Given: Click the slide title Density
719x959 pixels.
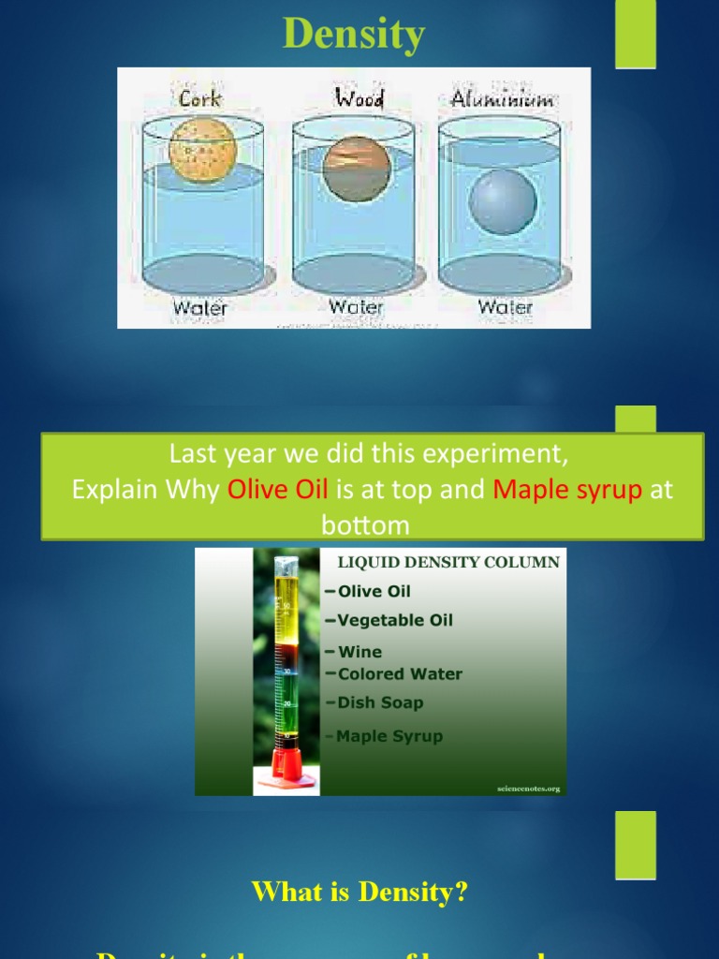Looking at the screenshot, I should (354, 35).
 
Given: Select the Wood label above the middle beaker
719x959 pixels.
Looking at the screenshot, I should (359, 97).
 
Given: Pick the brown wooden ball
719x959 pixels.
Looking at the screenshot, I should (357, 168).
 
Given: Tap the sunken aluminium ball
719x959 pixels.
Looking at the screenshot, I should (502, 202).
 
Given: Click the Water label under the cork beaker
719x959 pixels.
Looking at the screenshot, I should (200, 306).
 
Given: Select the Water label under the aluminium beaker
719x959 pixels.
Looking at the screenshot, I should (506, 306).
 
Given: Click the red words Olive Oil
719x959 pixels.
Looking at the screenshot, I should (277, 490).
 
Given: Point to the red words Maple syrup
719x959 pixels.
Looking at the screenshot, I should (567, 490).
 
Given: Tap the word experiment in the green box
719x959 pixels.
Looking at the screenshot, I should (499, 455).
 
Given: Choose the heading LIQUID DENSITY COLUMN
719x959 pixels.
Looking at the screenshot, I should (442, 562).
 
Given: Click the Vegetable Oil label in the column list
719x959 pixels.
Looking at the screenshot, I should (394, 620).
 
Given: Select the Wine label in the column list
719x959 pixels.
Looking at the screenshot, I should (359, 652).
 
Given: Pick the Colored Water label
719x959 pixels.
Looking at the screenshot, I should (400, 673).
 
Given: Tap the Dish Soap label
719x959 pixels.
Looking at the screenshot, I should (380, 702).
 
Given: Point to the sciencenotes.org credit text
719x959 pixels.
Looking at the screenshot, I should (528, 789).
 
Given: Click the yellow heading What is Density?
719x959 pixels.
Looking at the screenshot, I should (359, 892).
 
